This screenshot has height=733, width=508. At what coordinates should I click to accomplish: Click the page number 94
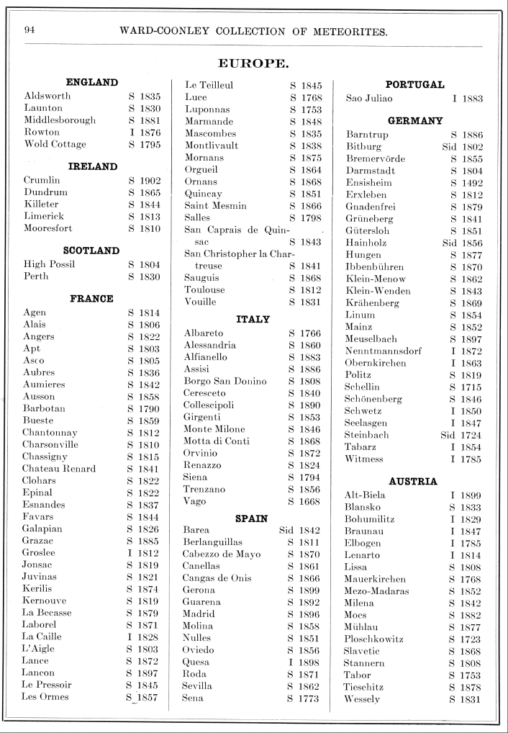tap(30, 30)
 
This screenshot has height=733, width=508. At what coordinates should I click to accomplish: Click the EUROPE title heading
tap(253, 63)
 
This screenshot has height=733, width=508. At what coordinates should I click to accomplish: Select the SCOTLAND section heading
tap(91, 251)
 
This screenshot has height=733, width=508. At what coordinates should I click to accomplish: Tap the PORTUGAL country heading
tap(415, 84)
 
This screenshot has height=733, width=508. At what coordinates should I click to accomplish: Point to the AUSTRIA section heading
tap(413, 481)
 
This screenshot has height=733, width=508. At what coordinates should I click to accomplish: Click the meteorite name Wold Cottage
tap(55, 144)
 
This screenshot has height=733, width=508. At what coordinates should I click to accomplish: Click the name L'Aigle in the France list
tap(39, 649)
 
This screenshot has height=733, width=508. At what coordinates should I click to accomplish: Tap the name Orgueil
tap(201, 170)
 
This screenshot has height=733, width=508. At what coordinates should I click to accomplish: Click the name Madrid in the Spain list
tap(198, 613)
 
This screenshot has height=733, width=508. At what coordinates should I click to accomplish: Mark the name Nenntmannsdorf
tap(384, 351)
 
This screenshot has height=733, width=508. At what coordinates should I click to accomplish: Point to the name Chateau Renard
tap(59, 469)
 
